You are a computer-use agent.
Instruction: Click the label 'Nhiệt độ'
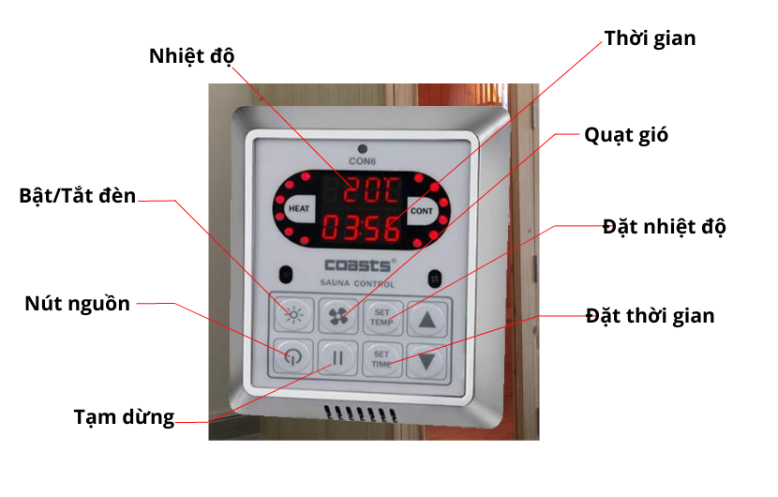pos(190,55)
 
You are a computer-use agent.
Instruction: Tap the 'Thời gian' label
pos(650,38)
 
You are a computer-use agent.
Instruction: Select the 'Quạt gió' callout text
pos(626,134)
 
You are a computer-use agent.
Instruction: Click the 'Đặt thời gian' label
pos(651,315)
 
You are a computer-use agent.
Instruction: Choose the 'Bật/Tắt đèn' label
pos(78,197)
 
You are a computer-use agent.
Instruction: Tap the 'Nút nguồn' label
pos(77,303)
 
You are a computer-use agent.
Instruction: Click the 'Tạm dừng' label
pos(124,417)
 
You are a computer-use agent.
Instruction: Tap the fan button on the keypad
pos(338,316)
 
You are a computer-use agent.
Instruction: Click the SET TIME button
pos(382,358)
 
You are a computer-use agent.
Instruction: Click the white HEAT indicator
pos(299,208)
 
